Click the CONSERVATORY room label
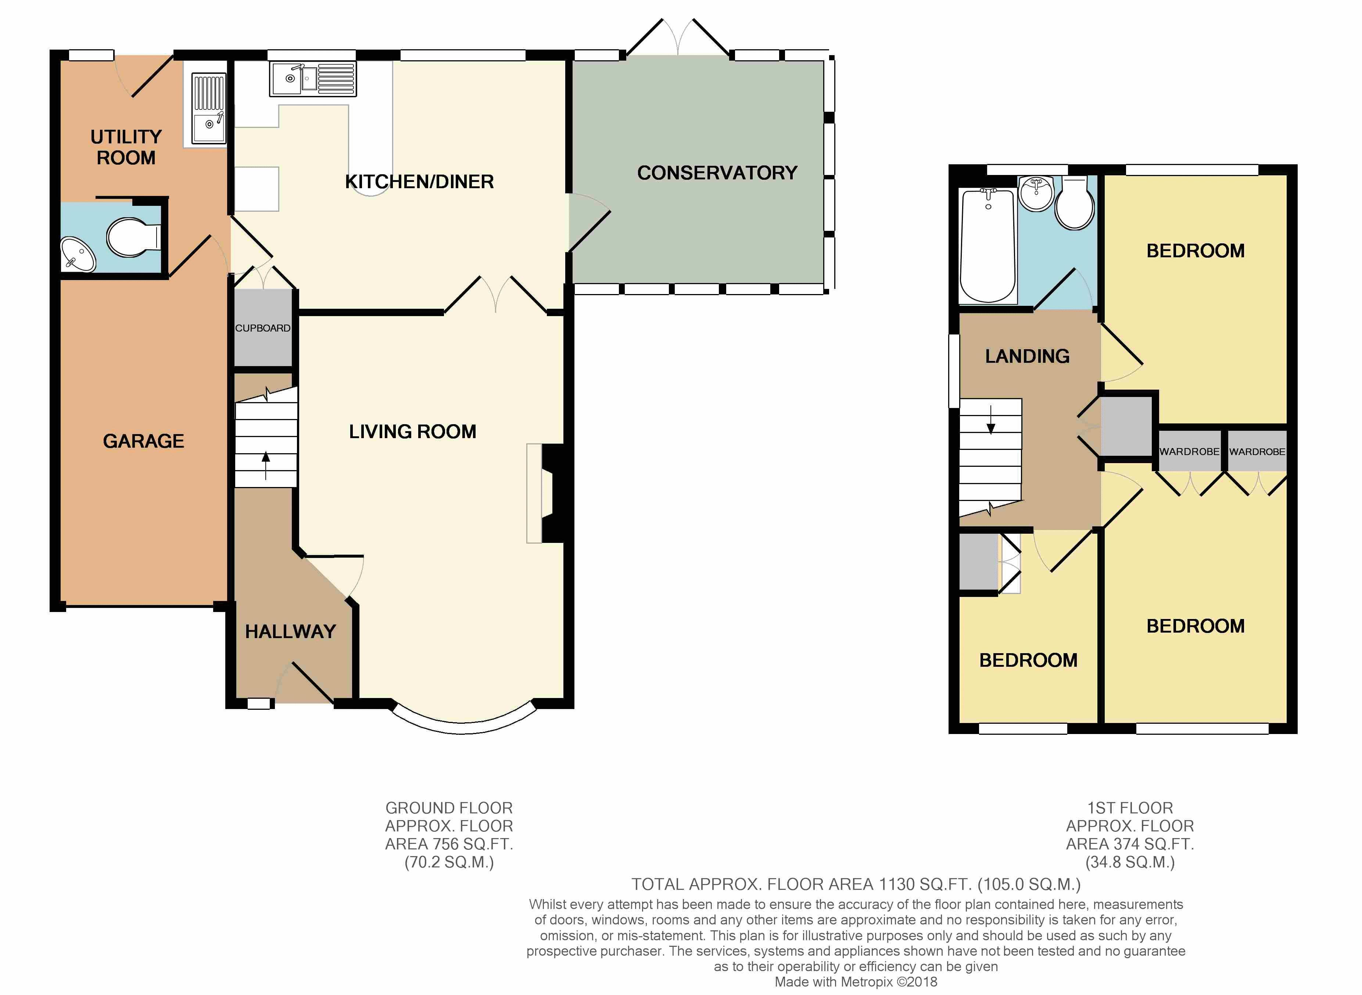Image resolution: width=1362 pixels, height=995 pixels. (717, 173)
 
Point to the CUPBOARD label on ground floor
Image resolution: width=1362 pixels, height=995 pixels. (262, 328)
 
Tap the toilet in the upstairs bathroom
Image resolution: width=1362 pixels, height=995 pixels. (1075, 203)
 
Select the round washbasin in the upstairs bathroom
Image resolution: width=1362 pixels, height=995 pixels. (1037, 193)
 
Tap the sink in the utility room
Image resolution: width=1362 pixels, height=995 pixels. (209, 109)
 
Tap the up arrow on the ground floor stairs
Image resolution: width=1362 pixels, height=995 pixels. (266, 465)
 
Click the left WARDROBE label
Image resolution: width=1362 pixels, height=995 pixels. (1189, 452)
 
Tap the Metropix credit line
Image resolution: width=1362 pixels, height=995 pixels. (856, 982)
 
